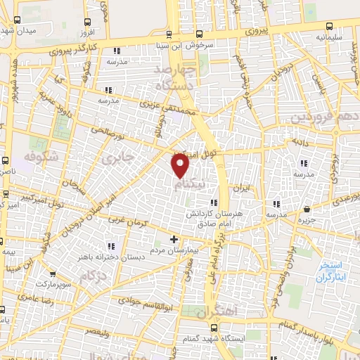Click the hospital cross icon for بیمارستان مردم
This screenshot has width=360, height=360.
[x=174, y=240]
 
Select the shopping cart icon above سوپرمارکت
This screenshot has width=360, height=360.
[x=53, y=274]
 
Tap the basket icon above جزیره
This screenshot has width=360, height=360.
[x=307, y=210]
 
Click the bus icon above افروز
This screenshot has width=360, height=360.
[x=86, y=22]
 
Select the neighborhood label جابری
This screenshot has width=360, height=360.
[x=117, y=160]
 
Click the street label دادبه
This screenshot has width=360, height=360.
[x=302, y=142]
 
